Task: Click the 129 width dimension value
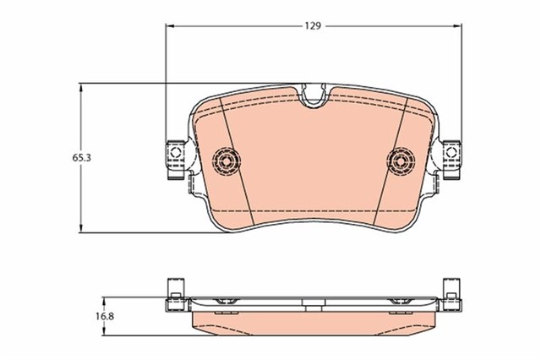pyautogui.click(x=313, y=26)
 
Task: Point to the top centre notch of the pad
pyautogui.click(x=315, y=98)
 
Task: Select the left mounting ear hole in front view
pyautogui.click(x=176, y=153)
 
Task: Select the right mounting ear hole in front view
pyautogui.click(x=454, y=153)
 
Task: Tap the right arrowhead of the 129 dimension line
pyautogui.click(x=461, y=26)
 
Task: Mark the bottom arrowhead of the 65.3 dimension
pyautogui.click(x=81, y=228)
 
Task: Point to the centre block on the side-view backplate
pyautogui.click(x=315, y=302)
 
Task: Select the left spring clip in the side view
pyautogui.click(x=226, y=302)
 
